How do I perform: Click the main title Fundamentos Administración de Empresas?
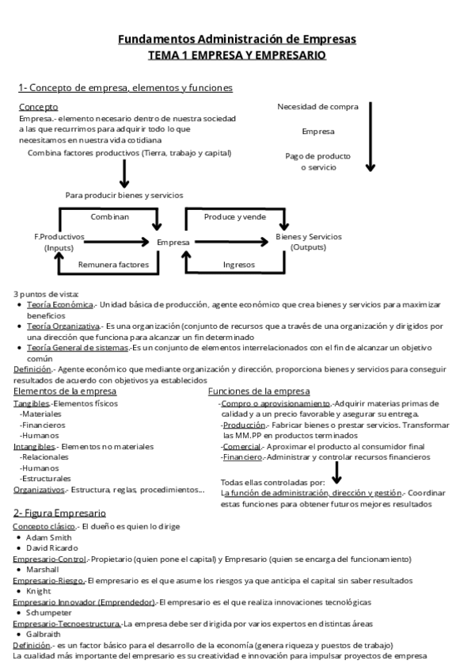[x=237, y=39]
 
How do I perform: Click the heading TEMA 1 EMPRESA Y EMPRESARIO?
[x=237, y=55]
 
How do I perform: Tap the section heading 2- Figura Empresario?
[x=59, y=513]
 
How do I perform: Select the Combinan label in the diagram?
[x=110, y=216]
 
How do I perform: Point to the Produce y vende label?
[x=235, y=216]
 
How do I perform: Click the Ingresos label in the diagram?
[x=239, y=265]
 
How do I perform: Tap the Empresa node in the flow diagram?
[x=173, y=242]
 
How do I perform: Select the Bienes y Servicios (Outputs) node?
[x=309, y=242]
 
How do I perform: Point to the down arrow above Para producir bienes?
[x=123, y=172]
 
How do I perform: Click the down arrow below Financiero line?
[x=337, y=472]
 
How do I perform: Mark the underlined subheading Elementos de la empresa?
[x=65, y=391]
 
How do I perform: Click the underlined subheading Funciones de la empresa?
[x=259, y=391]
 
